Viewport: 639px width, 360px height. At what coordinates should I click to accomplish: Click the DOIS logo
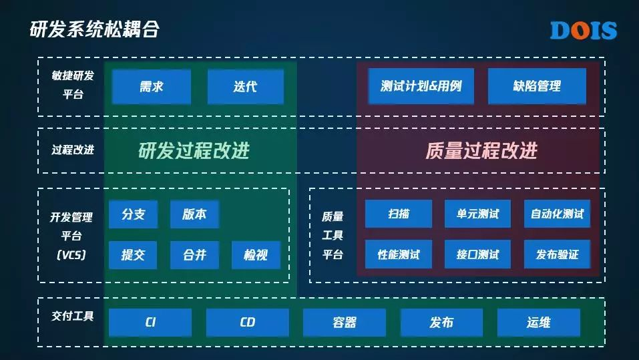(583, 30)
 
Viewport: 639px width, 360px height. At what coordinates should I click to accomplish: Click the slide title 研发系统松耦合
(94, 29)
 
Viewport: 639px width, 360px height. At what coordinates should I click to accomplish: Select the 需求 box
(152, 87)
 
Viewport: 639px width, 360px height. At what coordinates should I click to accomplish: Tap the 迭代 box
(245, 87)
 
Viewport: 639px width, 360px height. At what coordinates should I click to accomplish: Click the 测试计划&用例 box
(421, 86)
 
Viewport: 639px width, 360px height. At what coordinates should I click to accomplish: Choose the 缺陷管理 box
(537, 86)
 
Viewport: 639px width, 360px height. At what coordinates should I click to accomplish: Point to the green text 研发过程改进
(194, 151)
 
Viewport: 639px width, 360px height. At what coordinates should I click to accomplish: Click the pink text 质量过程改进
(481, 151)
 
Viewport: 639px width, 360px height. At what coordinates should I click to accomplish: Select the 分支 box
(133, 214)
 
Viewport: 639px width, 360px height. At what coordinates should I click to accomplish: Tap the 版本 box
(194, 214)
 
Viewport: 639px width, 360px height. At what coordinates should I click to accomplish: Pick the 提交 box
(133, 254)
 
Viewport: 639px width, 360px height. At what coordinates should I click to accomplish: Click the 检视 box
(256, 254)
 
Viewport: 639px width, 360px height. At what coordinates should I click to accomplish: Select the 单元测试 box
(477, 214)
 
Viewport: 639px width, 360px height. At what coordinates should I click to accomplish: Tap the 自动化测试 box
(557, 214)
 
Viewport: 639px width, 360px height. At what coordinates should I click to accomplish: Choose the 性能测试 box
(399, 254)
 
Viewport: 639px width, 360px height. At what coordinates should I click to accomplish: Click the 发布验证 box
(557, 254)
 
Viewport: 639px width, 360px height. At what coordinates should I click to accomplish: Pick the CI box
(150, 323)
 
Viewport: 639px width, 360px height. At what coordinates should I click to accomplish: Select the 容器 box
(345, 323)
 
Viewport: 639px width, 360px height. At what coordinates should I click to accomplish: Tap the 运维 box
(538, 323)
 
